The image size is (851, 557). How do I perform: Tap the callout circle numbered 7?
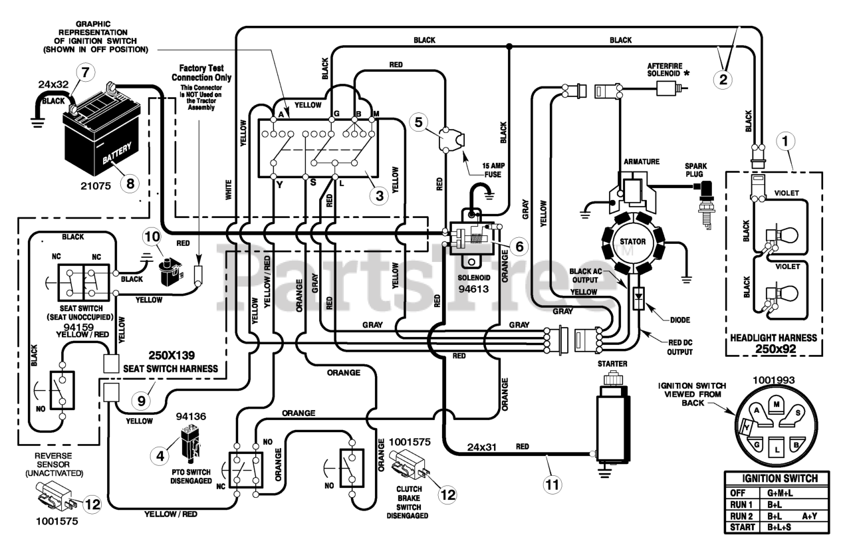(x=86, y=72)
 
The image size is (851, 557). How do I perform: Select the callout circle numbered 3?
(x=379, y=195)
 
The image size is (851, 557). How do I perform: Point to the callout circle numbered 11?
(x=552, y=485)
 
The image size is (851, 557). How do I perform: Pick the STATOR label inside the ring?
(x=632, y=242)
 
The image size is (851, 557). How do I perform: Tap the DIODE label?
(x=680, y=320)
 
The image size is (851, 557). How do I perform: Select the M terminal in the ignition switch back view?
(x=777, y=404)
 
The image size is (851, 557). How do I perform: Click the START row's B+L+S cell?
(x=779, y=527)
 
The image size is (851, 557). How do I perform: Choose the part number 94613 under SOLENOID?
(x=473, y=288)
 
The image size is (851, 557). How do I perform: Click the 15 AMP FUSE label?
(x=493, y=170)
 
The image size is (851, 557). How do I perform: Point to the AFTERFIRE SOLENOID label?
(x=666, y=70)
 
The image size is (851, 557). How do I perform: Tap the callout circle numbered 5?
(x=418, y=122)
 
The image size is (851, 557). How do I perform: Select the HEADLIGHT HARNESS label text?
(x=773, y=338)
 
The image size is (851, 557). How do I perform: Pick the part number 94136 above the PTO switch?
(x=191, y=416)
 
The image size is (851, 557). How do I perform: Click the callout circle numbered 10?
(x=152, y=237)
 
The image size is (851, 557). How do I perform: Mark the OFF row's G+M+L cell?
(x=780, y=493)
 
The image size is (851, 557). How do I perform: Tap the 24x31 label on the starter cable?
(x=482, y=447)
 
